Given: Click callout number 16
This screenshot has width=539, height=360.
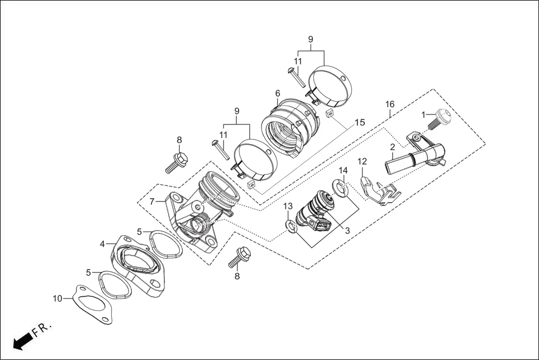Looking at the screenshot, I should pos(390,104).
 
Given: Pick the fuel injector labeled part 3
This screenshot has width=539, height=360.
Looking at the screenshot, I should pos(317,209).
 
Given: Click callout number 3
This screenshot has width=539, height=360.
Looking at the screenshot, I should pos(347,230).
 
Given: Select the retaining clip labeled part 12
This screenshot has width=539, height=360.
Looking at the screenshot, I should pos(380,191).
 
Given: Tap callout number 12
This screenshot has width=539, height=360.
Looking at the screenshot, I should pos(362,162).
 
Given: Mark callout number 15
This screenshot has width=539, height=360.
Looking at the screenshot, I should pos(360,122).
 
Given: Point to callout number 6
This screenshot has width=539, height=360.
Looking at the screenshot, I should pos(278,93).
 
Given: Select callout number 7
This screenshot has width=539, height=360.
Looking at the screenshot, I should pos(151,201).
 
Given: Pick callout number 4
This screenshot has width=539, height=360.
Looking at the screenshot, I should pos(102,244).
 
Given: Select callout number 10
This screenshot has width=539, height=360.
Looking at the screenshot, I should pos(58,299).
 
